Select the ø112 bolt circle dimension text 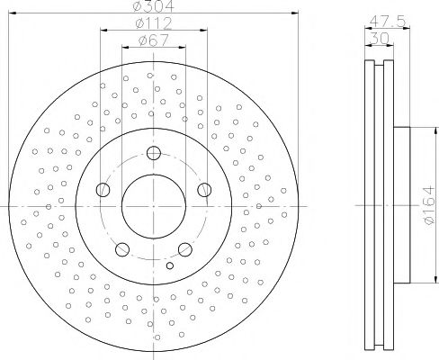[154, 22]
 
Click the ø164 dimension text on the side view [426, 205]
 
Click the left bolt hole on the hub [103, 189]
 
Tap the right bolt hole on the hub [204, 189]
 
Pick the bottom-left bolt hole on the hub [122, 248]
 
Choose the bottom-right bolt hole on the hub [184, 248]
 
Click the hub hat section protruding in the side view [401, 206]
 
